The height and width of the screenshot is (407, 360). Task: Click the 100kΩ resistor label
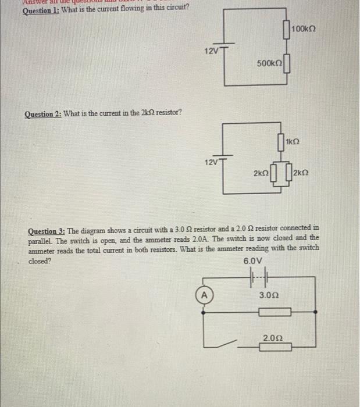pyautogui.click(x=306, y=28)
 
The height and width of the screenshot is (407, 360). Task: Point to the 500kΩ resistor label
pyautogui.click(x=268, y=62)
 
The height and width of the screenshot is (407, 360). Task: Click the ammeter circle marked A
pyautogui.click(x=204, y=295)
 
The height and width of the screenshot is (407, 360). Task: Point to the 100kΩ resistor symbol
pyautogui.click(x=286, y=29)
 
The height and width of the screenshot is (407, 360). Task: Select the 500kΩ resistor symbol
pyautogui.click(x=286, y=62)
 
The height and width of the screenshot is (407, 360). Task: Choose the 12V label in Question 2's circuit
pyautogui.click(x=211, y=161)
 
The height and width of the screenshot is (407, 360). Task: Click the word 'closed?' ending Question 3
pyautogui.click(x=40, y=261)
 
